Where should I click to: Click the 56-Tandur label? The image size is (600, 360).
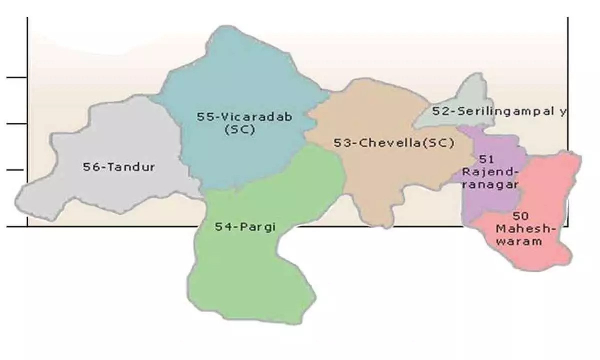(118, 167)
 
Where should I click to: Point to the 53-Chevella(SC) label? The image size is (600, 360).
(393, 143)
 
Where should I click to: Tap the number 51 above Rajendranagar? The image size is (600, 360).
(486, 159)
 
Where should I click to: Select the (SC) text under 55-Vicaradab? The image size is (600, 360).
(239, 129)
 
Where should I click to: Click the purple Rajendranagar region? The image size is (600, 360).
(487, 200)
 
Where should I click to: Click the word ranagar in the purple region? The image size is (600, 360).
(489, 184)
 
